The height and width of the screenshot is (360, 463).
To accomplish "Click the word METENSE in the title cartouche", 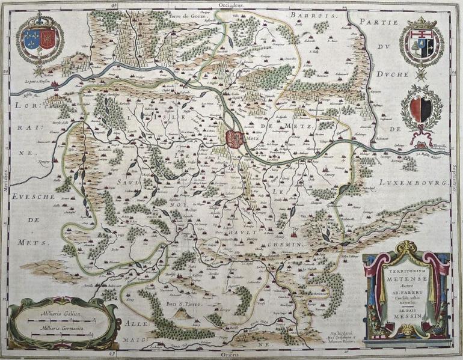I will [406, 278].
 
